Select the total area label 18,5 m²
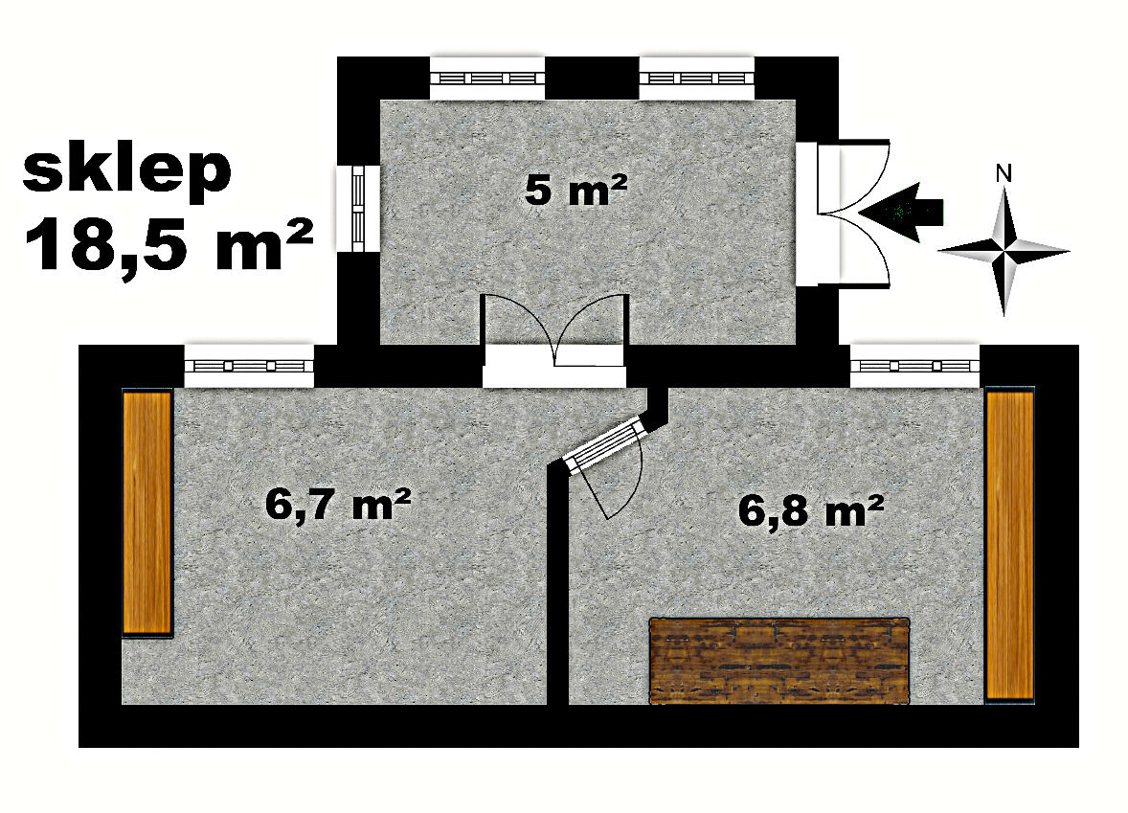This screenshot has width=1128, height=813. [x=169, y=244]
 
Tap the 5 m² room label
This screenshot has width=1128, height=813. [x=576, y=190]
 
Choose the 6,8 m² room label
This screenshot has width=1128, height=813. [x=811, y=510]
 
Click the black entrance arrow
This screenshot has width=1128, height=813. [x=901, y=211]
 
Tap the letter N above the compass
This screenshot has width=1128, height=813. [x=1004, y=172]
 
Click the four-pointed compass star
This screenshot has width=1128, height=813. [x=1004, y=251]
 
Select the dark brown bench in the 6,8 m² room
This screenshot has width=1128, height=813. [x=779, y=660]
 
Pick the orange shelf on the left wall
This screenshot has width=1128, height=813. [x=147, y=512]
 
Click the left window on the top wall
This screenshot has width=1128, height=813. [x=487, y=78]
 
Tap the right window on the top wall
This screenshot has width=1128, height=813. [x=696, y=78]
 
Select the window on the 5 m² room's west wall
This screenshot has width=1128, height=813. [x=358, y=208]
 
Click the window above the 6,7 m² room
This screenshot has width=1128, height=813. [x=249, y=366]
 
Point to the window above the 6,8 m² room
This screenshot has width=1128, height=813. [x=915, y=366]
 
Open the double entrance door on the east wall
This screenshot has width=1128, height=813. [x=843, y=214]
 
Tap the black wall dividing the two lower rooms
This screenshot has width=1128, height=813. [x=557, y=583]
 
